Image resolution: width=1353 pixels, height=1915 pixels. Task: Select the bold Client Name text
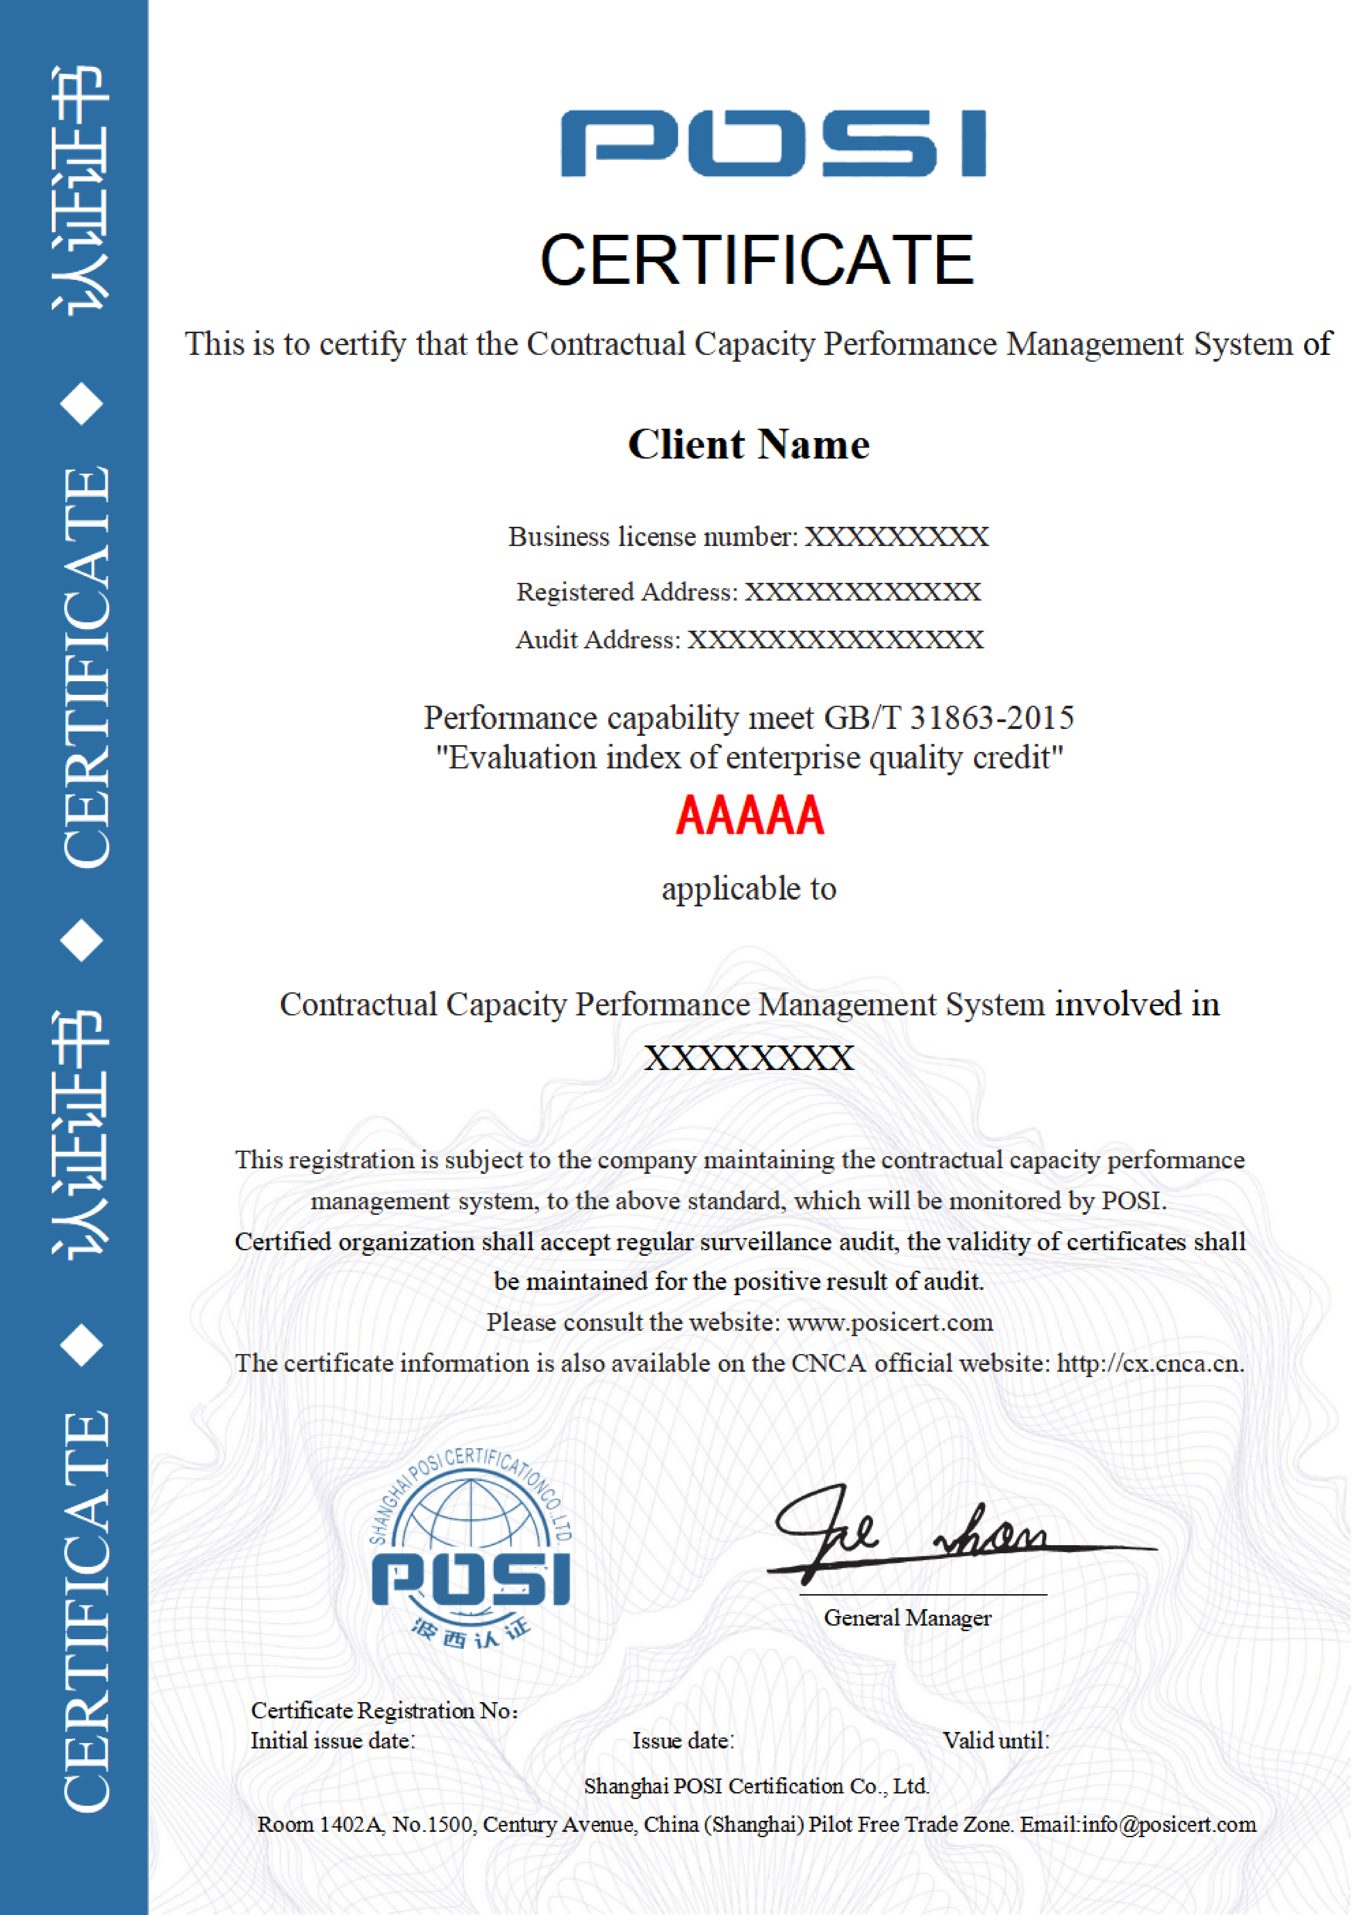(749, 444)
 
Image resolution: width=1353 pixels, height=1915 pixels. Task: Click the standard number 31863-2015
(991, 717)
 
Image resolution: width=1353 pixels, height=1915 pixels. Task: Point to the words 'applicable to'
(749, 889)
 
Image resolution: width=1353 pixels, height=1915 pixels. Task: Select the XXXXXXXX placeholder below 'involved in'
(749, 1058)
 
